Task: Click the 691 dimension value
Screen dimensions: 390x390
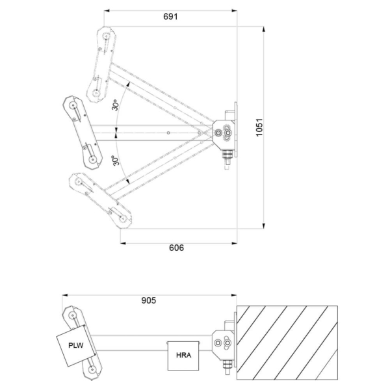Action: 170,17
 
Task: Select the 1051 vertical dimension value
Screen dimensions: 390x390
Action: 259,127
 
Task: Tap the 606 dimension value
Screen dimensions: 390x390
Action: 176,248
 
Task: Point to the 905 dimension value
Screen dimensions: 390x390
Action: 149,300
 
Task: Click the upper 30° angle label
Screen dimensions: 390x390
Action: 115,105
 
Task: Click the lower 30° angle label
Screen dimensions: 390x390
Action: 116,161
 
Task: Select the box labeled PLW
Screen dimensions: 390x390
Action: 76,345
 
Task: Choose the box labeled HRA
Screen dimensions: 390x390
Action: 183,356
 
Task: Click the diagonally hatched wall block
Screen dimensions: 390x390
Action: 287,343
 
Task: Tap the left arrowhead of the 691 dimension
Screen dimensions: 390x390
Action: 107,10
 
